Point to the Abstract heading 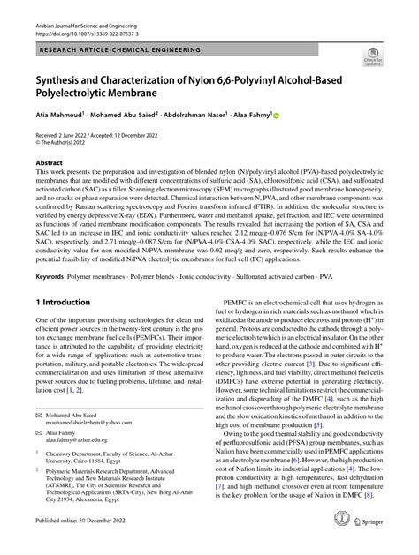49,164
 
